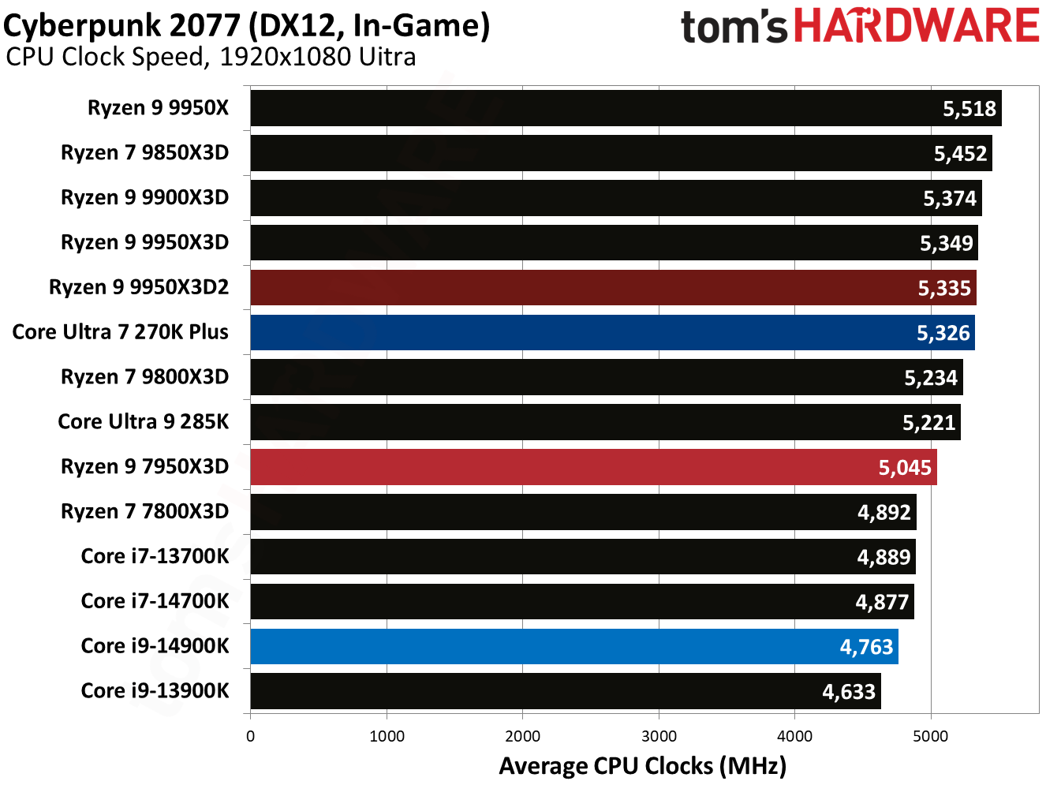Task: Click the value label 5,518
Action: point(969,109)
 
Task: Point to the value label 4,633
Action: point(849,692)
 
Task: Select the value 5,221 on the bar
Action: point(928,423)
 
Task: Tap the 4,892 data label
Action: point(884,513)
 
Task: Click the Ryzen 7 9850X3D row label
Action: point(144,152)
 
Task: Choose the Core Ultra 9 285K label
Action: point(143,421)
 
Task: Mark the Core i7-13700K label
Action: point(155,556)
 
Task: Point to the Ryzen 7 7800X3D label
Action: point(144,511)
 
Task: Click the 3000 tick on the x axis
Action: point(659,736)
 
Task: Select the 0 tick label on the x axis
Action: point(251,736)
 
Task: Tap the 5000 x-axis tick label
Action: point(931,736)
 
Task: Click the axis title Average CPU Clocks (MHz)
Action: point(642,766)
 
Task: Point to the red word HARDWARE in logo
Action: point(916,26)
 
